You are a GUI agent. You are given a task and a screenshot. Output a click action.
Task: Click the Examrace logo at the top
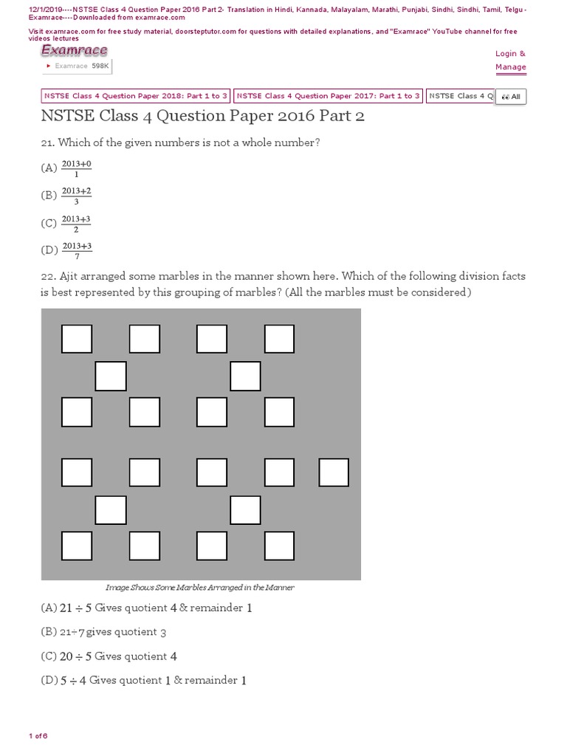tap(74, 50)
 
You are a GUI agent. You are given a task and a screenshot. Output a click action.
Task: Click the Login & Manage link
tap(510, 61)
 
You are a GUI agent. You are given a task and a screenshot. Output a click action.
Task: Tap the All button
tap(511, 97)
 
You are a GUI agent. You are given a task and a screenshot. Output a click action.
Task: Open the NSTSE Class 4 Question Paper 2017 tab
tap(328, 96)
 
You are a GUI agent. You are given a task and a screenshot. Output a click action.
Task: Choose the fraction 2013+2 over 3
tap(76, 196)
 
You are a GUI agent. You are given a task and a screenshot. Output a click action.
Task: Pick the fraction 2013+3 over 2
tap(76, 224)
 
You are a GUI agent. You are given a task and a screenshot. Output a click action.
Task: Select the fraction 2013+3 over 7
tap(76, 251)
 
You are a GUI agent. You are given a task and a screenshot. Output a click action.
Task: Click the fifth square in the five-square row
tap(334, 472)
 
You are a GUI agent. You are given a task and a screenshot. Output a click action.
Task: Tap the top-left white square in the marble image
tap(77, 339)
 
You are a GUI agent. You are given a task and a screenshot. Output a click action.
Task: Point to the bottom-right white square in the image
tap(280, 546)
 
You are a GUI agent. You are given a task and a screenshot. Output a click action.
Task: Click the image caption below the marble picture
tap(200, 588)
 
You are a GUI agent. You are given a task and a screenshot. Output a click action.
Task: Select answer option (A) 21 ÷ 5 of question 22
tap(147, 608)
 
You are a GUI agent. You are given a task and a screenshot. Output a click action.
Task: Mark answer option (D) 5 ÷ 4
tap(143, 680)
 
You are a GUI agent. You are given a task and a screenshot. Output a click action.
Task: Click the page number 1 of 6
tap(38, 736)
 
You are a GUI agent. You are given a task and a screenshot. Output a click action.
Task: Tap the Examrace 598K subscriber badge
tap(78, 66)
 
